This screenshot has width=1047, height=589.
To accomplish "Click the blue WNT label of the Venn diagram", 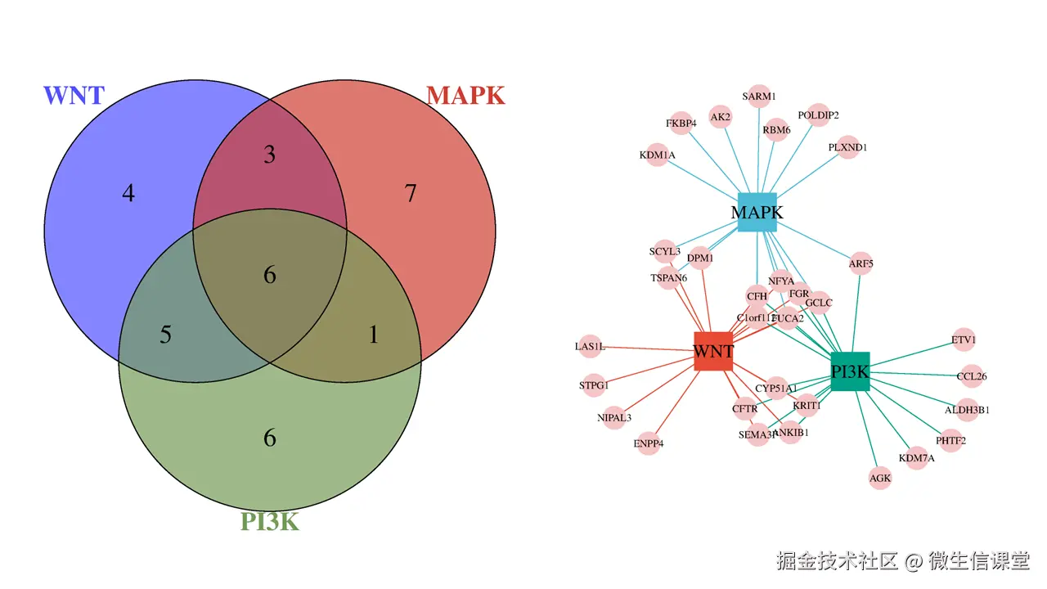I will [x=74, y=96].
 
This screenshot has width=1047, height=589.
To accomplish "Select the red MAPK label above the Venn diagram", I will [x=465, y=96].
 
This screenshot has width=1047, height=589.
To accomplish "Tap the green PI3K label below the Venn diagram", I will [x=270, y=521].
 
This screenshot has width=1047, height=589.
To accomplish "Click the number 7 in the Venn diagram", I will [x=411, y=194].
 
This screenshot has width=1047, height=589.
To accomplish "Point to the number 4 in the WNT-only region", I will [x=128, y=194].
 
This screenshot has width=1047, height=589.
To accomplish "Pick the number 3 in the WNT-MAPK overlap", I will [x=270, y=154].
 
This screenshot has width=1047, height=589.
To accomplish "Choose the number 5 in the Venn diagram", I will [x=165, y=335].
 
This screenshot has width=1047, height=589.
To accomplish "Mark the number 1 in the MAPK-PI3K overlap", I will [x=374, y=335].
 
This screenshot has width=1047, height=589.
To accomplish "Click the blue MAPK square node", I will [x=757, y=212].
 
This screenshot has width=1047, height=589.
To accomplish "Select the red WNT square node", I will [x=713, y=352].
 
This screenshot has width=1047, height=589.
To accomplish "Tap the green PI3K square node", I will [x=850, y=371].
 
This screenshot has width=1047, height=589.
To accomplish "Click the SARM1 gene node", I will [x=759, y=97].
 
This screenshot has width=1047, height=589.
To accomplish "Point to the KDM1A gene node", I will [x=658, y=155].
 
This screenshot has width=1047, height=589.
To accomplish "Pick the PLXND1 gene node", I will [x=848, y=147].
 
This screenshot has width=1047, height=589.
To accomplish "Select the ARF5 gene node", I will [x=861, y=263].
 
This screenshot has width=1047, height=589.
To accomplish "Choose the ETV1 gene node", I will [x=964, y=339].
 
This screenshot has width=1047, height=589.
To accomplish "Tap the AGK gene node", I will [x=880, y=478].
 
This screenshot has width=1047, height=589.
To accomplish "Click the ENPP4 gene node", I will [x=649, y=443].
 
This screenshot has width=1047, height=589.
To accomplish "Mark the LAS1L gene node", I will [x=590, y=347].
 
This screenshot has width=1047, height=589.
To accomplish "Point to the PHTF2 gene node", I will [x=950, y=440].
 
